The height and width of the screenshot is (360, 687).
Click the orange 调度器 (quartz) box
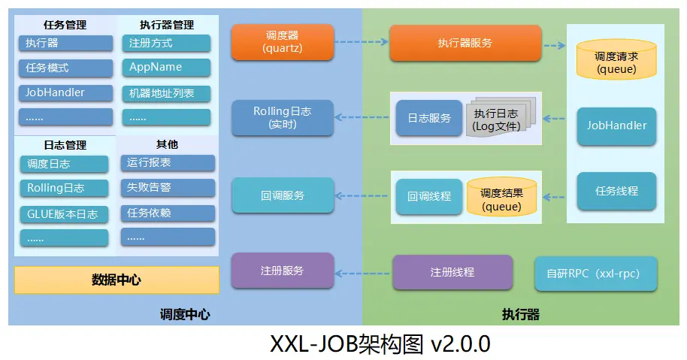point(282,42)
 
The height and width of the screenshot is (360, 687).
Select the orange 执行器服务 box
point(465,43)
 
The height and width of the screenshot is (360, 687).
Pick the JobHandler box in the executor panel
point(616,126)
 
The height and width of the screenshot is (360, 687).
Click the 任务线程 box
point(616,191)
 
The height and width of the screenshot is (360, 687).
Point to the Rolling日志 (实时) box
point(282,117)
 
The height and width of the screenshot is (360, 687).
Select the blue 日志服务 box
point(429,118)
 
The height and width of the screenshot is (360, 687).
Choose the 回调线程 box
point(429,196)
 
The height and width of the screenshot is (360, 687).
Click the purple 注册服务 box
point(282,271)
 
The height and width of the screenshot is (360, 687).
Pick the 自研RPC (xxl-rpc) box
point(595,274)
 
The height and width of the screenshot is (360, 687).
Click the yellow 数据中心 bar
point(117,280)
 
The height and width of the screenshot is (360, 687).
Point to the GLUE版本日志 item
point(65,213)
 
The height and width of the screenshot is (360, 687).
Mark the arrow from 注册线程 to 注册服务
point(363,271)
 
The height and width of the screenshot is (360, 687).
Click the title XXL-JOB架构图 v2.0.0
point(380,344)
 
